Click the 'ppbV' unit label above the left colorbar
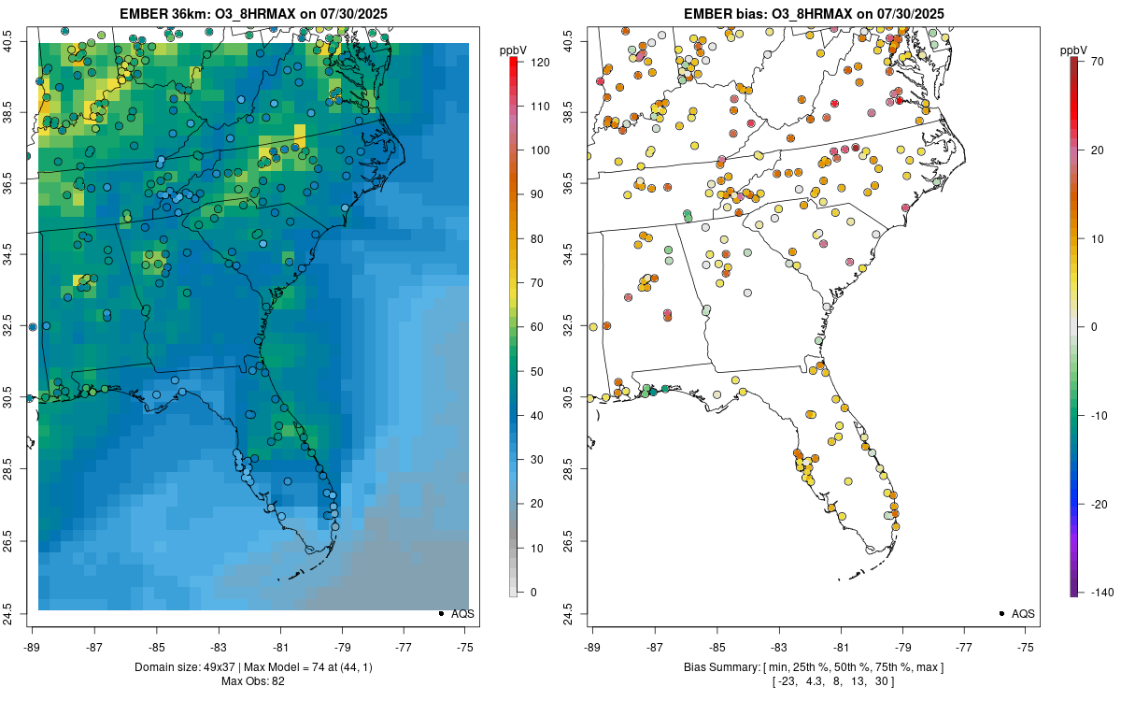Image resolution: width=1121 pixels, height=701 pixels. pos(514,49)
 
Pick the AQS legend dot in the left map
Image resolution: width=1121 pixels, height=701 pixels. pos(440,613)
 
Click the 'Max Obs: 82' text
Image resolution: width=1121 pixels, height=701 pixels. pos(251,681)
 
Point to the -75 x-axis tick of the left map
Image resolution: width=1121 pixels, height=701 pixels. pos(466,646)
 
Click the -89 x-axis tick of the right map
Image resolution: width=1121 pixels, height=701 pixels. pos(593,646)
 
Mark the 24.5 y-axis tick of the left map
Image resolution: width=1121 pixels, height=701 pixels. pos(21,613)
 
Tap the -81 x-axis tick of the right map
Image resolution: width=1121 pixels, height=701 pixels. pos(841,646)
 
